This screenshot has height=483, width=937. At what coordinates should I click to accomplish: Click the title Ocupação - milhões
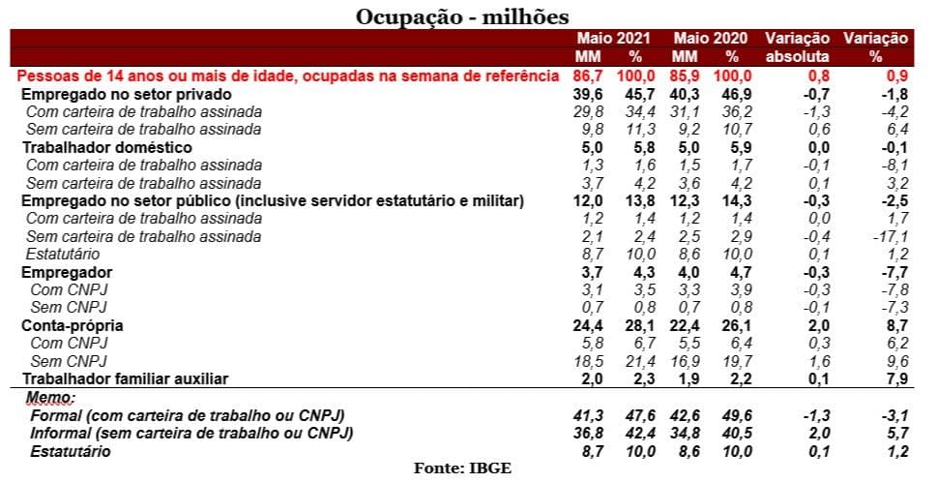point(462,16)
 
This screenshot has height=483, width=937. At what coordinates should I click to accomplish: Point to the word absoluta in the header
point(797,56)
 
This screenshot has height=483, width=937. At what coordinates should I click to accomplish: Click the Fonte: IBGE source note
point(462,468)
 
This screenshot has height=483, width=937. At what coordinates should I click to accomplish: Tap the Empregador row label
point(67,273)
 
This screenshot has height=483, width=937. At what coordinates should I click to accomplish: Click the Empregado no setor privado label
point(126,95)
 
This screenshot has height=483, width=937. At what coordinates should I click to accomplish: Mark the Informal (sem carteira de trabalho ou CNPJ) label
point(189,433)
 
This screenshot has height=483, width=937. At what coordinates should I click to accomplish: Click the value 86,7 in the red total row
point(588,75)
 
